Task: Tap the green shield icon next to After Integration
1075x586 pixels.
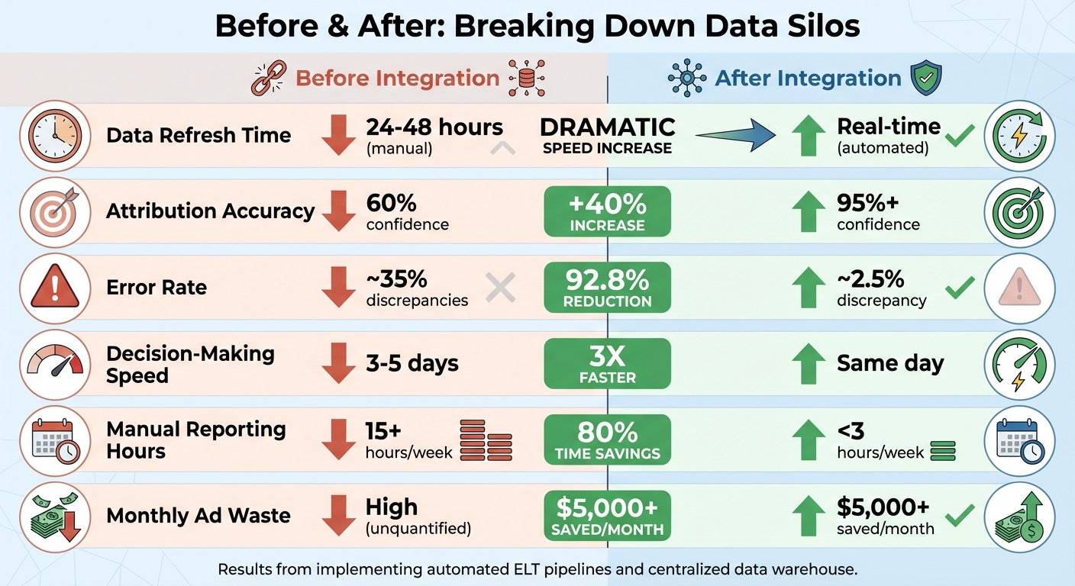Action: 926,79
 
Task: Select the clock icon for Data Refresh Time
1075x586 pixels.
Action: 53,135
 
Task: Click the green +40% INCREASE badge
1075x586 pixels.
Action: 607,211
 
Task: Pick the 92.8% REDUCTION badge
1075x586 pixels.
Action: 607,288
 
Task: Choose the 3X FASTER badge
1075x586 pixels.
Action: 607,363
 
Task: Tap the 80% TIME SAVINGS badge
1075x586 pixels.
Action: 607,439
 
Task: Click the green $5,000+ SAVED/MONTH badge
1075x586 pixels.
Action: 607,516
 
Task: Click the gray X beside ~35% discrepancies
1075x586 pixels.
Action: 501,288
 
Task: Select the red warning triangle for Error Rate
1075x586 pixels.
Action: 53,288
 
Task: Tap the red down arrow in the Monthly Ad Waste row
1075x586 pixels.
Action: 338,516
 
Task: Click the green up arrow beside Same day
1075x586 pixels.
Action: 809,363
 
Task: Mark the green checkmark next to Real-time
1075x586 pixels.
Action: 959,136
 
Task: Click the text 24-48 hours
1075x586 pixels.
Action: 434,127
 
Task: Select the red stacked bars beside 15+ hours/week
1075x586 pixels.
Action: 486,440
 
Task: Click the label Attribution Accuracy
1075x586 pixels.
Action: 210,211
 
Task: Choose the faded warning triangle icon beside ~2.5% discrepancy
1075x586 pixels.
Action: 1019,288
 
